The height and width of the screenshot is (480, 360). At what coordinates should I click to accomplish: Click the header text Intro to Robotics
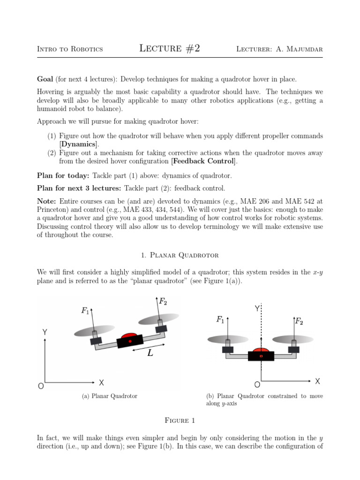click(x=70, y=49)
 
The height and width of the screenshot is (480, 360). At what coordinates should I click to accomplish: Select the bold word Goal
click(x=45, y=79)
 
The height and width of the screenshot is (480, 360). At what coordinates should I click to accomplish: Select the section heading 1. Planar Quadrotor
click(x=180, y=255)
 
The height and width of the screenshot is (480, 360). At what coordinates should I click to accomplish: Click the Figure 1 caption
click(x=180, y=420)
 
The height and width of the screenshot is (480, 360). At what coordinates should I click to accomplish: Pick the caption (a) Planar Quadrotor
click(x=110, y=396)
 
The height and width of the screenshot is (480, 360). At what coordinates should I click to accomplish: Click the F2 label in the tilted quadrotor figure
click(x=163, y=301)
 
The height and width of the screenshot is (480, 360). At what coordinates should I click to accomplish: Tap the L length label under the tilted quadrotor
click(x=150, y=353)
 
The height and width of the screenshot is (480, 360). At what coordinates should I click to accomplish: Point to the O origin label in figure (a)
click(x=41, y=386)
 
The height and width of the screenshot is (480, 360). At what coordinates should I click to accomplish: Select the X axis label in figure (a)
click(x=101, y=382)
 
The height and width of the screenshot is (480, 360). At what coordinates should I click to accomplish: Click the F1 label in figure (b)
click(x=220, y=320)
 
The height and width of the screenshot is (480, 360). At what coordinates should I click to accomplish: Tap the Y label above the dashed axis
click(x=257, y=308)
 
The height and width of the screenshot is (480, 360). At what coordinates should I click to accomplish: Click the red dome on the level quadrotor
click(x=261, y=350)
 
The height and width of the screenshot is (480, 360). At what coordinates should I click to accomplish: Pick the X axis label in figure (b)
click(x=317, y=381)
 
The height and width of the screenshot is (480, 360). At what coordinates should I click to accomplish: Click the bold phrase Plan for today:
click(x=64, y=176)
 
